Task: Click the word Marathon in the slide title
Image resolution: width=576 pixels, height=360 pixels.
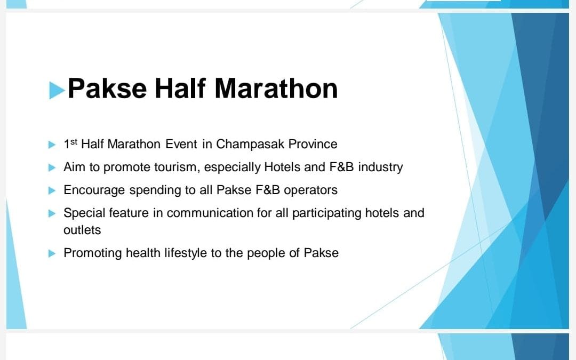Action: (x=276, y=89)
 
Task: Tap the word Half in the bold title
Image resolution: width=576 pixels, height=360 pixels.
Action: (x=180, y=89)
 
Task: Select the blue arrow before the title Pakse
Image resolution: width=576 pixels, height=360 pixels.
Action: (x=57, y=90)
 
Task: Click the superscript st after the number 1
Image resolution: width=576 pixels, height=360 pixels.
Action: (x=74, y=141)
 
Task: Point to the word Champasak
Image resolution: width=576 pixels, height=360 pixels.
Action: (x=250, y=145)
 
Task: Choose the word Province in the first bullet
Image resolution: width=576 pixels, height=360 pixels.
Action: (x=313, y=144)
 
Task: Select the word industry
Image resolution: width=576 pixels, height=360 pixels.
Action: (x=381, y=167)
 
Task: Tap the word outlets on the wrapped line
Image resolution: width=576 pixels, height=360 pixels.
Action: (x=82, y=230)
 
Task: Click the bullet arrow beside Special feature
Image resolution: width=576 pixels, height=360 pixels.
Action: (x=52, y=213)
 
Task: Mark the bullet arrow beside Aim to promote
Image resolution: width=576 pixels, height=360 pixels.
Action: (x=52, y=167)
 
